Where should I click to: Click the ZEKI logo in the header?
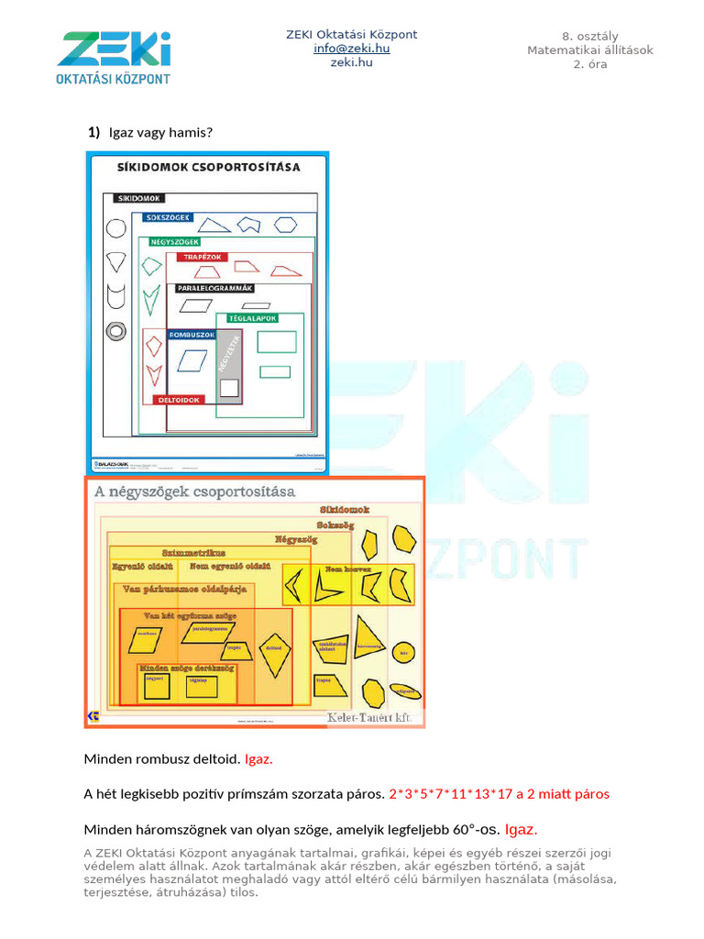click(x=114, y=58)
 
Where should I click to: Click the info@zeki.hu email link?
click(x=351, y=49)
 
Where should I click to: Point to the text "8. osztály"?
click(x=589, y=35)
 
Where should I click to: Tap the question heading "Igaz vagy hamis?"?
click(x=160, y=133)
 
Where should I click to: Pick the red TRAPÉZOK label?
click(x=203, y=258)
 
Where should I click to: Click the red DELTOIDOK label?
click(x=179, y=401)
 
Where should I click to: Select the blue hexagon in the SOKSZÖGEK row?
click(x=287, y=224)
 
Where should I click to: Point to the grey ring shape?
click(x=116, y=331)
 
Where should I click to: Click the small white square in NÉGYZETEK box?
click(x=229, y=387)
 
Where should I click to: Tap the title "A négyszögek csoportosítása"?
click(x=194, y=492)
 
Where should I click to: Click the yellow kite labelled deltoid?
click(x=273, y=648)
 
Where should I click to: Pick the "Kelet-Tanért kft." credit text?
click(x=373, y=718)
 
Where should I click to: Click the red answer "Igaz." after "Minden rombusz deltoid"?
click(x=259, y=759)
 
